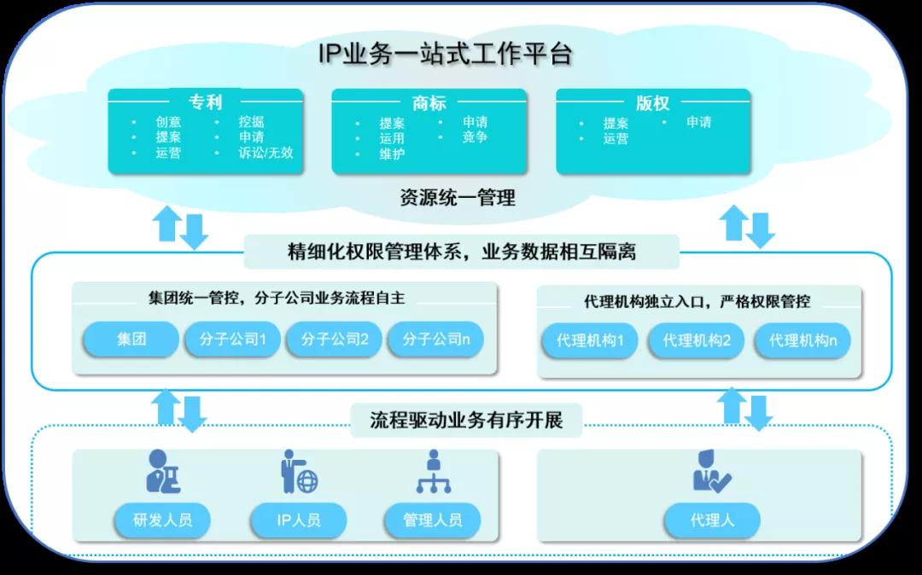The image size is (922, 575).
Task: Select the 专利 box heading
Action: pyautogui.click(x=205, y=102)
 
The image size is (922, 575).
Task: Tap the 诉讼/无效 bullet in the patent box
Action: pyautogui.click(x=265, y=153)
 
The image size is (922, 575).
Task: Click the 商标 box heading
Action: pyautogui.click(x=429, y=103)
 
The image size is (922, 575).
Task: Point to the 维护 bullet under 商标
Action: pyautogui.click(x=392, y=154)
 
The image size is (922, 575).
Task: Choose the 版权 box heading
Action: pyautogui.click(x=653, y=103)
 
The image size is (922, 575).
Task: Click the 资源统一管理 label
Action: pyautogui.click(x=458, y=199)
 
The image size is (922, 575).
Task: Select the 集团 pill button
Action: pyautogui.click(x=131, y=340)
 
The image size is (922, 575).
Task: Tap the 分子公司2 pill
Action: pyautogui.click(x=335, y=340)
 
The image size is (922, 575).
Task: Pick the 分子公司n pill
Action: pyautogui.click(x=435, y=340)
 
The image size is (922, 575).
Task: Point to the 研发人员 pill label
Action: pyautogui.click(x=163, y=520)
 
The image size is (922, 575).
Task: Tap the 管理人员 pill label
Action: pyautogui.click(x=432, y=520)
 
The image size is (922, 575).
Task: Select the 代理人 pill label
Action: pyautogui.click(x=712, y=520)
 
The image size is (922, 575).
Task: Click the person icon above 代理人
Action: pyautogui.click(x=711, y=472)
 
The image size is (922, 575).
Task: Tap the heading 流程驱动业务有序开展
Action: pyautogui.click(x=466, y=420)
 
